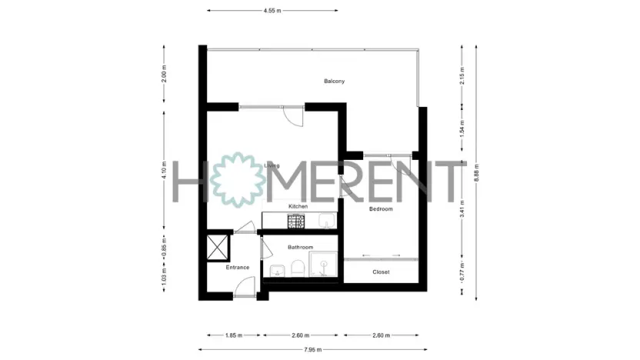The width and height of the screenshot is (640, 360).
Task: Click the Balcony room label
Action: tap(334, 81)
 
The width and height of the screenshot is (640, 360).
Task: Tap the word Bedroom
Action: tap(381, 209)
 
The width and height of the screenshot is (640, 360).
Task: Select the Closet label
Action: tap(381, 272)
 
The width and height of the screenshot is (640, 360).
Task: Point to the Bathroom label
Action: tap(300, 247)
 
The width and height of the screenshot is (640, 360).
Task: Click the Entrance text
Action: tap(238, 267)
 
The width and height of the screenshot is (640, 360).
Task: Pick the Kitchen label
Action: tap(298, 207)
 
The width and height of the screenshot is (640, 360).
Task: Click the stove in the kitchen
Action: tap(297, 222)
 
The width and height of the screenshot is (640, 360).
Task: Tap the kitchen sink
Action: tap(327, 222)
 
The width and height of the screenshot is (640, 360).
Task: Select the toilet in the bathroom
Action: tap(296, 268)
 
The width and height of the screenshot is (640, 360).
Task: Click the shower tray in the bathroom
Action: tap(326, 266)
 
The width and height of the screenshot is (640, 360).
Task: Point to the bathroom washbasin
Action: tap(275, 270)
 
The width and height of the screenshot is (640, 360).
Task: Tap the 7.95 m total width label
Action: tap(312, 350)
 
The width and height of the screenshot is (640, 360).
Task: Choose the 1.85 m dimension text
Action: tap(234, 335)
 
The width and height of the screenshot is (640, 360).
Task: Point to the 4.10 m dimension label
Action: tap(164, 170)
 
